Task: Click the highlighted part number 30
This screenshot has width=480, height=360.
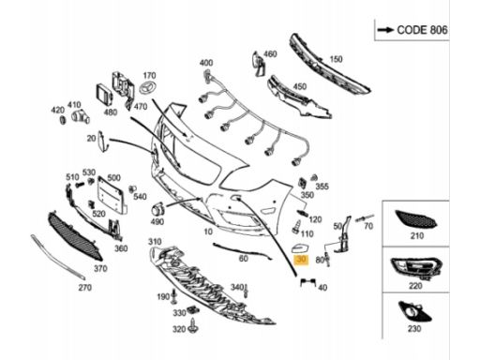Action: pyautogui.click(x=302, y=259)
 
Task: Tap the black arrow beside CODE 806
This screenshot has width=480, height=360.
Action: pyautogui.click(x=385, y=30)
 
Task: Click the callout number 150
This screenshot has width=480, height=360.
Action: pyautogui.click(x=336, y=59)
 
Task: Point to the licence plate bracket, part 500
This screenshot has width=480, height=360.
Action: pyautogui.click(x=112, y=196)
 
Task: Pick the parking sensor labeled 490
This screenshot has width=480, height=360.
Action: pyautogui.click(x=157, y=210)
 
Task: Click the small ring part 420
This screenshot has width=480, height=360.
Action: pyautogui.click(x=63, y=120)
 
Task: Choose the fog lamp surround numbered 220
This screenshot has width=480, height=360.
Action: pyautogui.click(x=415, y=268)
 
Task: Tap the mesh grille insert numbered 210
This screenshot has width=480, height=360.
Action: pyautogui.click(x=416, y=219)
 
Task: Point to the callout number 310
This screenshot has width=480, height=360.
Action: pyautogui.click(x=155, y=242)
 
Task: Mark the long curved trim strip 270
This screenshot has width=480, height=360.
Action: pyautogui.click(x=57, y=257)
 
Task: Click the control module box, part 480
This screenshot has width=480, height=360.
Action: pyautogui.click(x=104, y=96)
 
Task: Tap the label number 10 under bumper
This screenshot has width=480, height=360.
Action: pyautogui.click(x=208, y=232)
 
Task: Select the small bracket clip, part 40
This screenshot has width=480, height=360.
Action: pyautogui.click(x=307, y=282)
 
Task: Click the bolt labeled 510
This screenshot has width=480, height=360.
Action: pyautogui.click(x=80, y=185)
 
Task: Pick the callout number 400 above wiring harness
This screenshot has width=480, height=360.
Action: pyautogui.click(x=206, y=63)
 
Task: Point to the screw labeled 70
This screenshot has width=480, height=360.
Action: pyautogui.click(x=364, y=218)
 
